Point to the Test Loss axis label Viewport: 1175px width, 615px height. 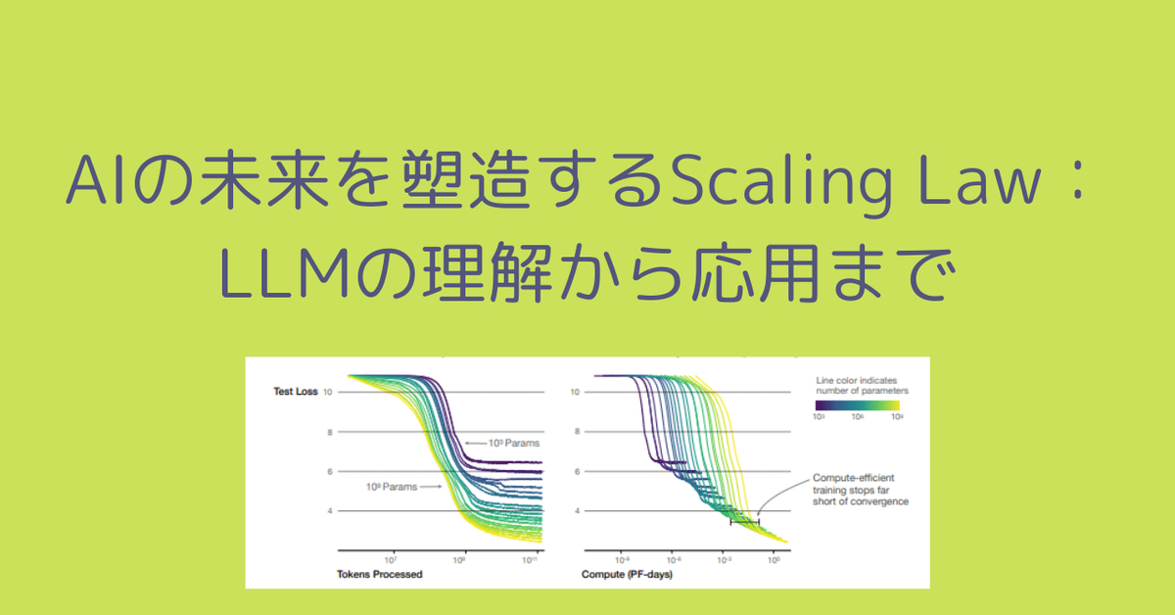click(297, 392)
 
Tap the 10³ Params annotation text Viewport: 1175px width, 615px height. click(515, 443)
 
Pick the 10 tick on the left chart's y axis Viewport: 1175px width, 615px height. click(328, 392)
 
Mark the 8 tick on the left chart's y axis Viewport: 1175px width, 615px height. click(330, 432)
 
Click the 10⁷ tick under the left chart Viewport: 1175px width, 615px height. click(391, 559)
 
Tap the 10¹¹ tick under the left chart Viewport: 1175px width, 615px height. click(531, 559)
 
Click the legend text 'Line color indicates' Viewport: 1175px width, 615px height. click(856, 379)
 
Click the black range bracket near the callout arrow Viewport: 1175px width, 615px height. click(744, 522)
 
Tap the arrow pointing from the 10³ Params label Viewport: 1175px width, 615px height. click(477, 443)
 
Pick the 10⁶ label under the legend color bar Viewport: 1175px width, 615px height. click(856, 416)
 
